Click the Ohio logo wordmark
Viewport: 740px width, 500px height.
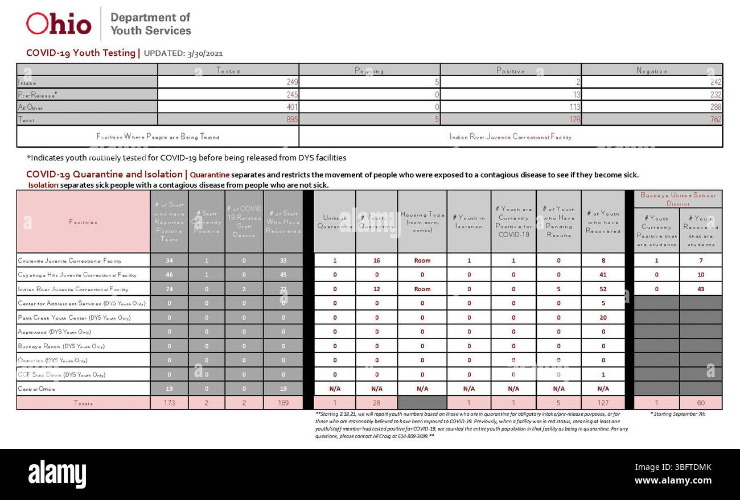pos(59,24)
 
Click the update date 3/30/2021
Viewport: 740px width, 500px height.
pos(204,53)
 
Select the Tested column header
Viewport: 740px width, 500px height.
pos(228,71)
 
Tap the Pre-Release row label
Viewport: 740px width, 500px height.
pos(38,95)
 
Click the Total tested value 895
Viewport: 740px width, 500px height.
pos(290,119)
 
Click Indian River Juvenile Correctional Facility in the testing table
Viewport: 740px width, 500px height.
pos(510,137)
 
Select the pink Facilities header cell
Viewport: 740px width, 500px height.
pos(83,222)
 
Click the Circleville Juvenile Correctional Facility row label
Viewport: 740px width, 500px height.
pos(69,261)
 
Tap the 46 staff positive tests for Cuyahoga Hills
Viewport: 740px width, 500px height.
pos(169,275)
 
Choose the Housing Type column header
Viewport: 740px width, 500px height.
pos(422,222)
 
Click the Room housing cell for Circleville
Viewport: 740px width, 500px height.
pos(422,261)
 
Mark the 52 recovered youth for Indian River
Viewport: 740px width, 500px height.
pos(603,289)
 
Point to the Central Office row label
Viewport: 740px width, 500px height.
pos(36,389)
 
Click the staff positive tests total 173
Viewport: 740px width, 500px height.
pos(169,403)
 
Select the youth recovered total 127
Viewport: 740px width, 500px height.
pos(603,403)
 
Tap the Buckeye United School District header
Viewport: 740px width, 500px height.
pos(677,199)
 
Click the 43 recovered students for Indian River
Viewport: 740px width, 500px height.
pos(700,289)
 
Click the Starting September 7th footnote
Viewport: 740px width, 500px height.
pos(677,414)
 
